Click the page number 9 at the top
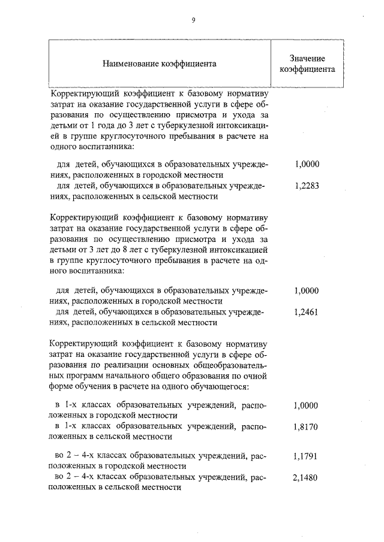tap(193, 20)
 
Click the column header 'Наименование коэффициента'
tap(159, 63)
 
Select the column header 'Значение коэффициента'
tap(307, 63)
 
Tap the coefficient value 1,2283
tap(307, 186)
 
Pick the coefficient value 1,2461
tap(307, 312)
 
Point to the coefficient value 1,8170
tap(307, 427)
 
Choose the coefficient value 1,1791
tap(307, 456)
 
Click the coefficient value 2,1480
tap(307, 478)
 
